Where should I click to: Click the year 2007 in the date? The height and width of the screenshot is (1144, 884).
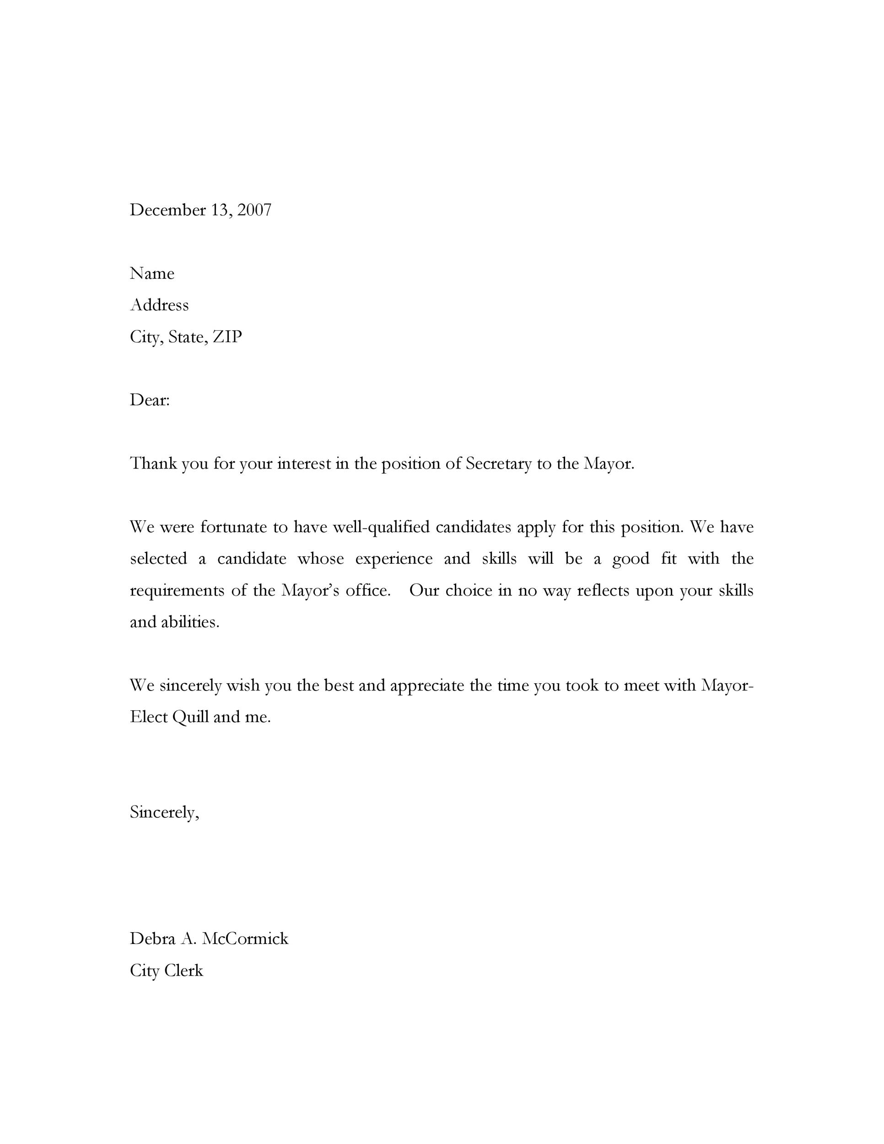254,210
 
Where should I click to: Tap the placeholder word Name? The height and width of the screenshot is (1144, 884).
152,274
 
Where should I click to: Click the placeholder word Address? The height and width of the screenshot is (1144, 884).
159,305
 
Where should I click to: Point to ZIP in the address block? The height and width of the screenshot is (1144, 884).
227,337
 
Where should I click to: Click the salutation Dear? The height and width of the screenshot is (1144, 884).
150,400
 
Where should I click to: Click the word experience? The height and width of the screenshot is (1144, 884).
394,559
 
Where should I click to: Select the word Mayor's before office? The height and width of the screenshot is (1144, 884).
310,591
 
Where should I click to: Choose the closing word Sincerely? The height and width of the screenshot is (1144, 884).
164,812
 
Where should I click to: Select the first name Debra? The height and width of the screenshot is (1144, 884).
152,939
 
